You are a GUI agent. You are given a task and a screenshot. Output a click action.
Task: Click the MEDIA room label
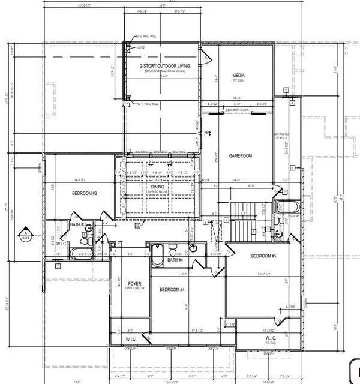[x=239, y=76]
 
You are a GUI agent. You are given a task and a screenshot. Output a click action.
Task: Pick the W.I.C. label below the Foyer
[x=131, y=339]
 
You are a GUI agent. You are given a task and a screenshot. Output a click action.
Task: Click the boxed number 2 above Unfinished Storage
[x=287, y=90]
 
